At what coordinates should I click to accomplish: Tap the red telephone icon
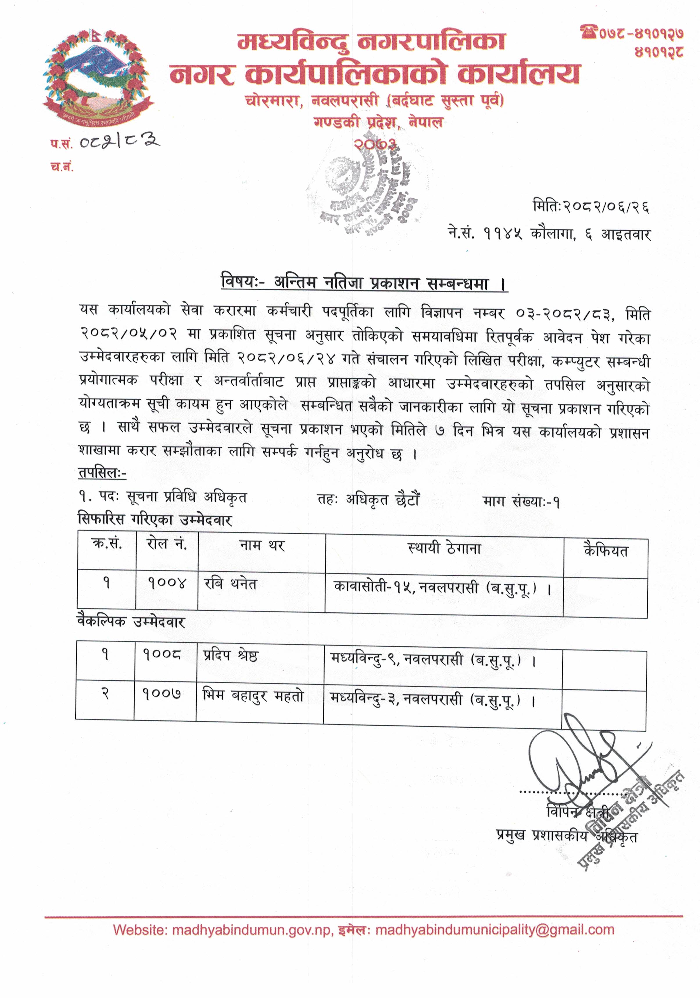588,32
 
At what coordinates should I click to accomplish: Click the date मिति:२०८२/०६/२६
591,206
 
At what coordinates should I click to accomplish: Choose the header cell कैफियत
606,551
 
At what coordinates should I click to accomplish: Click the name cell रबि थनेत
231,584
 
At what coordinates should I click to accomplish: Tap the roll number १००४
167,582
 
